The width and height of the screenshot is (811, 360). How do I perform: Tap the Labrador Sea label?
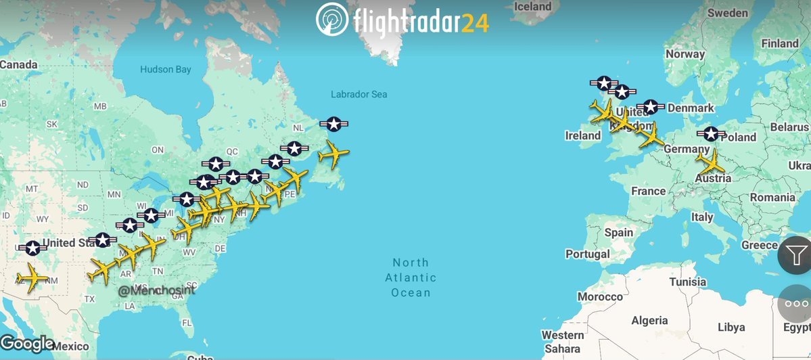point(359,95)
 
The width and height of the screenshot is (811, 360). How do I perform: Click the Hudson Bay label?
point(166,69)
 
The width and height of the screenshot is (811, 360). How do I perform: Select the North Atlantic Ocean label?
point(411,277)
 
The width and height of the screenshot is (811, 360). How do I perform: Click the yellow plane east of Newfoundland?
point(333,155)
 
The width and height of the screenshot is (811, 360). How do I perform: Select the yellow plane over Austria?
point(711,162)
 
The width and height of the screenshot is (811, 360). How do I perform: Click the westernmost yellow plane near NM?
point(31,277)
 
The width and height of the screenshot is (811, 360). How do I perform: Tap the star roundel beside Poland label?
point(711,134)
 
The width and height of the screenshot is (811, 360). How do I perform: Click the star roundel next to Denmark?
point(651,107)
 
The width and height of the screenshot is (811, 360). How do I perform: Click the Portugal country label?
point(588,254)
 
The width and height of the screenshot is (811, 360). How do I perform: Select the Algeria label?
point(649,321)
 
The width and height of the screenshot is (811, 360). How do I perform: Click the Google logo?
point(27,344)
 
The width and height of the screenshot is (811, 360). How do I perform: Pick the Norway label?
point(685,54)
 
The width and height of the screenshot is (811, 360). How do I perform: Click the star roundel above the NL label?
point(333,124)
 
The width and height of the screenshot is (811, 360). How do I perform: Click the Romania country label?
point(772,198)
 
